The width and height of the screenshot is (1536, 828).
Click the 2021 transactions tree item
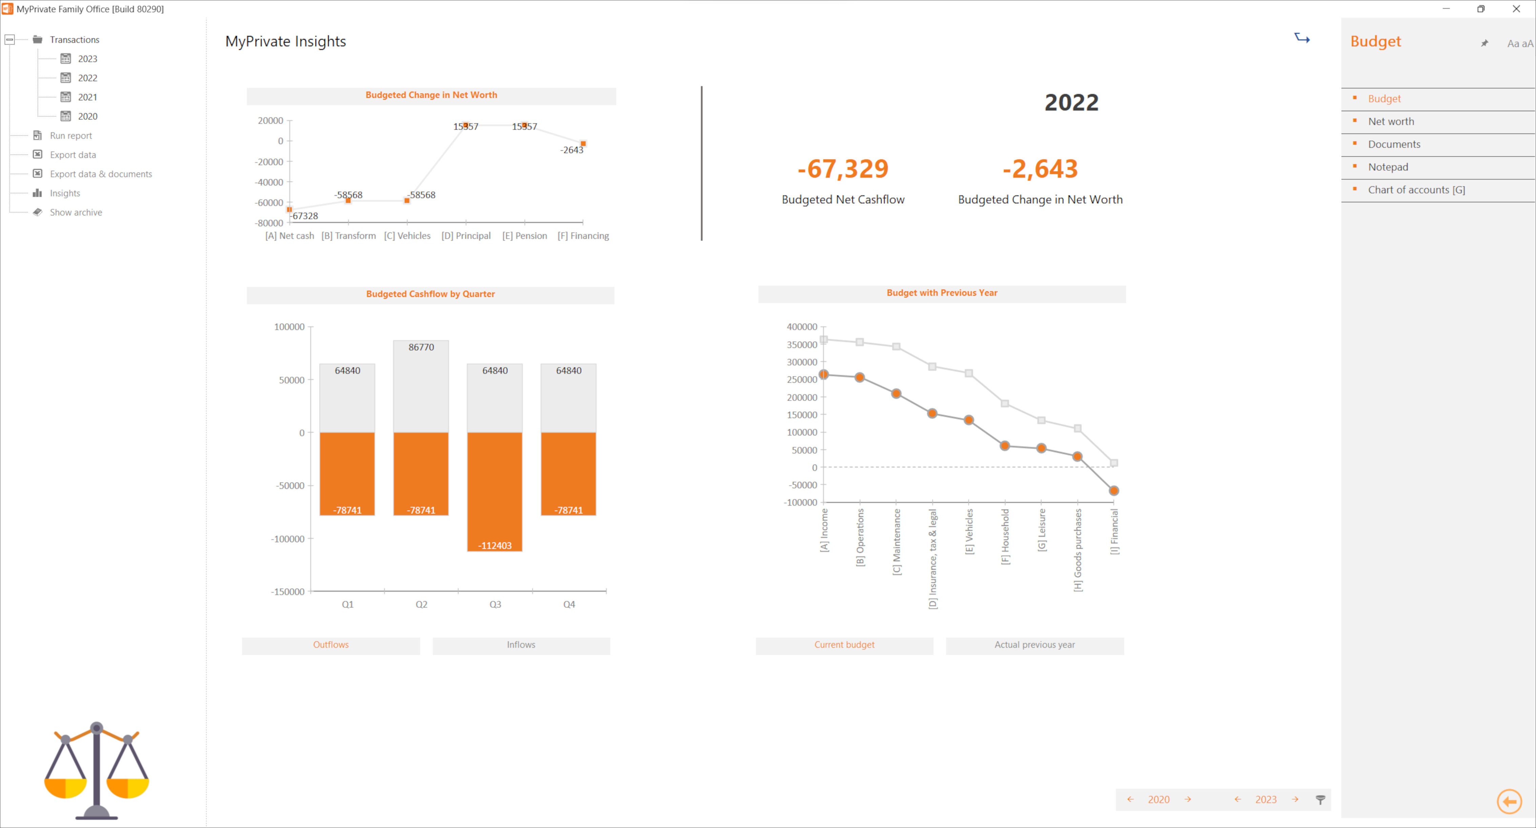pyautogui.click(x=87, y=97)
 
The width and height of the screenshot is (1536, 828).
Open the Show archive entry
pyautogui.click(x=76, y=212)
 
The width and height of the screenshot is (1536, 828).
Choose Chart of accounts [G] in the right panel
pyautogui.click(x=1416, y=190)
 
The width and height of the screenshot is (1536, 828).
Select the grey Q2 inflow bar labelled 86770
pyautogui.click(x=421, y=386)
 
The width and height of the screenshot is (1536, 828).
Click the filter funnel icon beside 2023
pyautogui.click(x=1320, y=800)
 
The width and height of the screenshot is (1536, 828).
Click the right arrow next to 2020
pyautogui.click(x=1188, y=800)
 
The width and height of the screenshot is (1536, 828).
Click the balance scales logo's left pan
pyautogui.click(x=66, y=787)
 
